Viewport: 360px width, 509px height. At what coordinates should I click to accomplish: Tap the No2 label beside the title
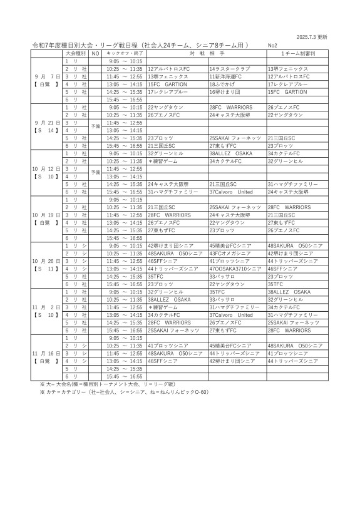(272, 46)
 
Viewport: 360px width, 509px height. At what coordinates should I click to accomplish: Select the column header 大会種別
(76, 54)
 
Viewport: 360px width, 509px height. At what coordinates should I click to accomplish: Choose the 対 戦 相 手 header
(206, 54)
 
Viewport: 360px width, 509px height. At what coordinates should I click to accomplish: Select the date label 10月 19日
(46, 214)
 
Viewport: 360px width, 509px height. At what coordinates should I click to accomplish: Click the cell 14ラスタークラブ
(230, 68)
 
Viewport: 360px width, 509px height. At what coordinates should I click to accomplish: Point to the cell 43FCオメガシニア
(230, 253)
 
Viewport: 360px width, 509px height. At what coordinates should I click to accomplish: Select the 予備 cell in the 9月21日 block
(95, 126)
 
